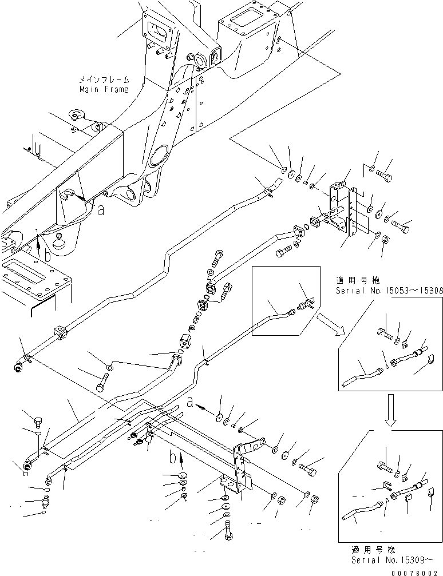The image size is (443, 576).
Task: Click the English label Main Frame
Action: pos(104,89)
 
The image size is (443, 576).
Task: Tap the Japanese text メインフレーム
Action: pos(104,80)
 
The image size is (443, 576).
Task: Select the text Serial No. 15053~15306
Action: pos(390,291)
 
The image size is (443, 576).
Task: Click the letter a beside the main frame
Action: pos(101,210)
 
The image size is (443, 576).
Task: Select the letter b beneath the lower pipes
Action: pos(172,458)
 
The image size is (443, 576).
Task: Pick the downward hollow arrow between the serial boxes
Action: pos(390,414)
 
